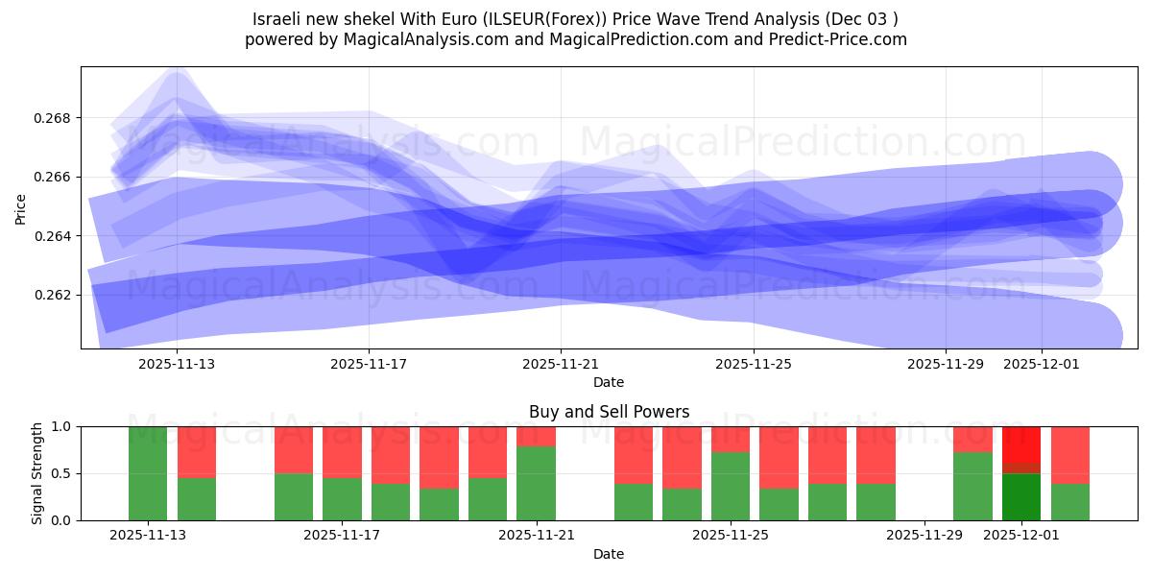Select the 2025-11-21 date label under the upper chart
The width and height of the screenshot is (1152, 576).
[561, 365]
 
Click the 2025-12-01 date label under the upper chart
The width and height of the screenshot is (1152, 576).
[1042, 365]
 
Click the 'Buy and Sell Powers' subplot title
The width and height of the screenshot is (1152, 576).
[609, 412]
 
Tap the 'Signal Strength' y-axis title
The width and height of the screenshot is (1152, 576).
[37, 473]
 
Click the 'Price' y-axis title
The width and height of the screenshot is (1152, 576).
[21, 207]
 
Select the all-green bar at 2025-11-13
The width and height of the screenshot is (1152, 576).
[148, 473]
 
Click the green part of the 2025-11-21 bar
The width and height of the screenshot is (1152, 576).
[536, 483]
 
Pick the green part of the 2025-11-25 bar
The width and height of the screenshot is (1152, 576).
[730, 486]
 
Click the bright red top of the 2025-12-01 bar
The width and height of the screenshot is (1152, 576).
[1020, 444]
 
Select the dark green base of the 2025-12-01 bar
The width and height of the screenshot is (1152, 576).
[1020, 497]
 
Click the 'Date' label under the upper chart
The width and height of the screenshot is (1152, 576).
[609, 382]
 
